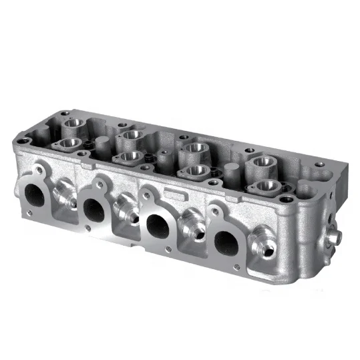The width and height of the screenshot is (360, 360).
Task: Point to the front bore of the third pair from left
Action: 196,171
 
